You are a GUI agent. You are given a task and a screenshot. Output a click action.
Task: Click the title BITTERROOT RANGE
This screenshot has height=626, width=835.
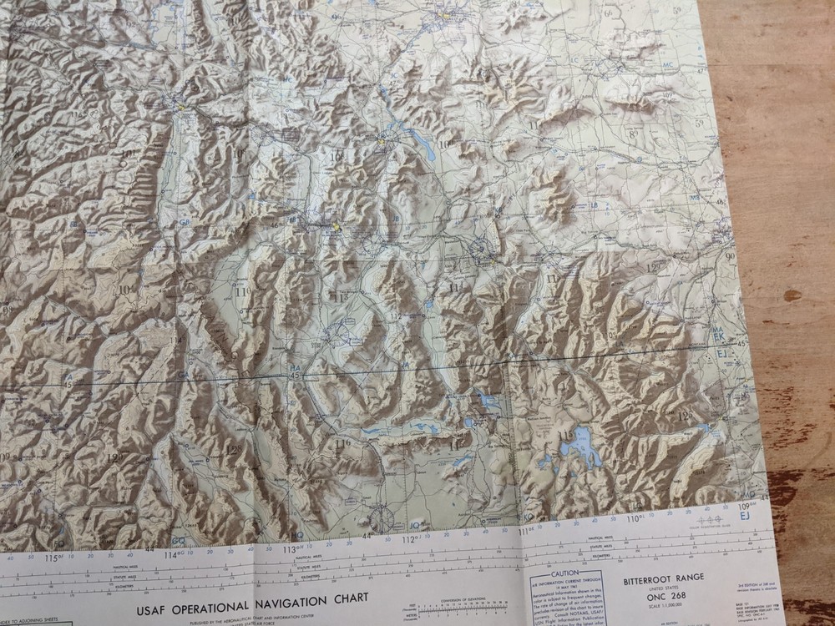664,577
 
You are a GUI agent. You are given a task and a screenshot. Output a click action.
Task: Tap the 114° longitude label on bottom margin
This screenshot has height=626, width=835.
174,554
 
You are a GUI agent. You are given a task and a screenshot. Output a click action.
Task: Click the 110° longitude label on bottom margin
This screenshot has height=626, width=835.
635,517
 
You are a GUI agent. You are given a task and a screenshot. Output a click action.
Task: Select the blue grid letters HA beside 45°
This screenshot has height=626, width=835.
294,367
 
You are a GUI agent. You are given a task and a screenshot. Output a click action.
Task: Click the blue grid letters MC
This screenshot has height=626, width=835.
667,64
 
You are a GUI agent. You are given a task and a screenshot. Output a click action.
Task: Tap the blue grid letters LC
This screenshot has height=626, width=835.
575,61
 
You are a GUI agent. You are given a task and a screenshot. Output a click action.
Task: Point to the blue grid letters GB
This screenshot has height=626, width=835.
184,222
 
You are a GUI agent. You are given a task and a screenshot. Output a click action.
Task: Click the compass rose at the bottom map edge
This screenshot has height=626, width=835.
382,519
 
